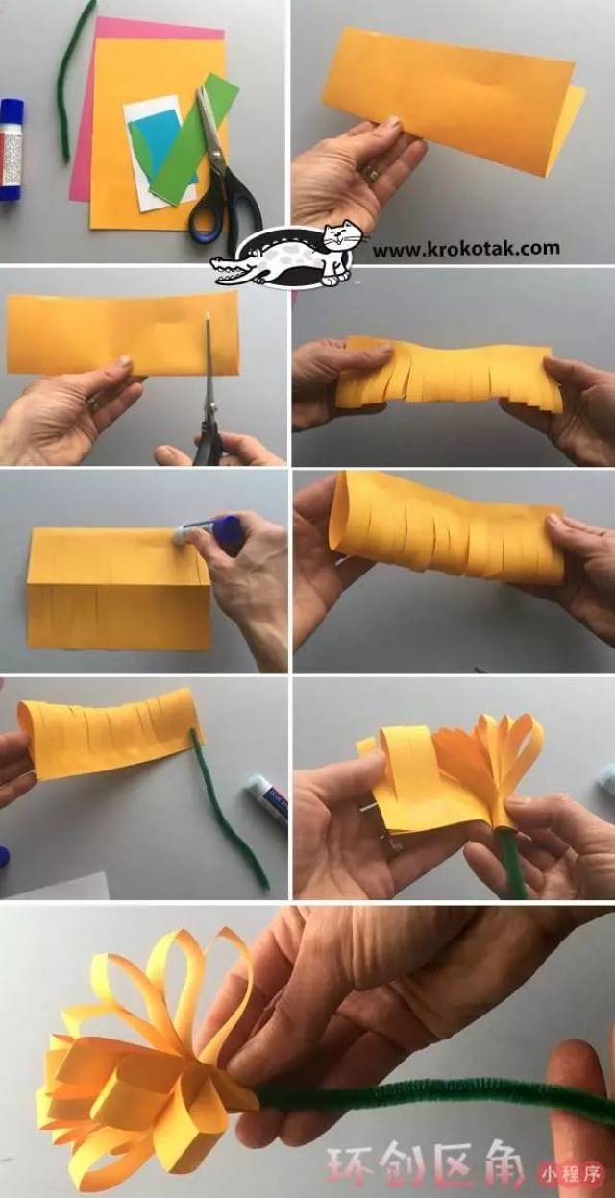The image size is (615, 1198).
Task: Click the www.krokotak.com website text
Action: [466, 249]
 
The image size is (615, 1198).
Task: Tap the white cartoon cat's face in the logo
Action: [338, 236]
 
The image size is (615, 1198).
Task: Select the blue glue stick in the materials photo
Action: [11, 149]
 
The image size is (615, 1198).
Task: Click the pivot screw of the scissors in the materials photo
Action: [216, 157]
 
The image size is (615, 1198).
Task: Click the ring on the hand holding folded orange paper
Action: [370, 173]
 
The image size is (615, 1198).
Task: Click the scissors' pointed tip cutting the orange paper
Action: [207, 315]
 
